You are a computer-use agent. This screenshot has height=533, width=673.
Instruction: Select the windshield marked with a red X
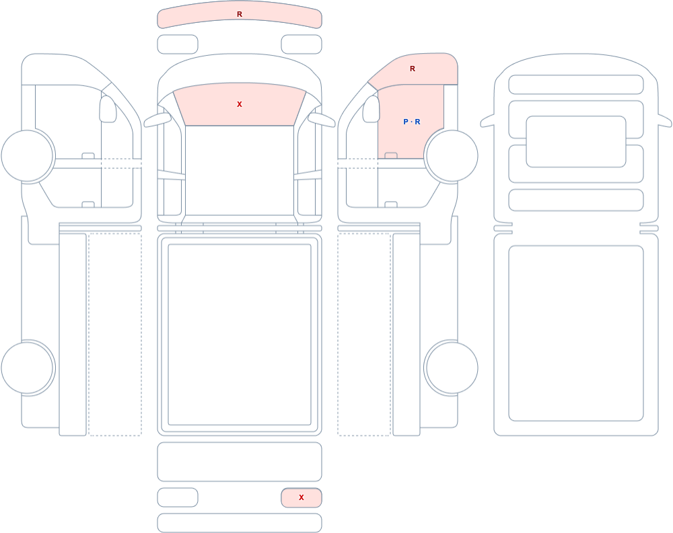(240, 104)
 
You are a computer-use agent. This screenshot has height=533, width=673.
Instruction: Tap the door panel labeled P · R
(410, 122)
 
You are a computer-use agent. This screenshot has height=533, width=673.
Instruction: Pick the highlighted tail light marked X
(302, 497)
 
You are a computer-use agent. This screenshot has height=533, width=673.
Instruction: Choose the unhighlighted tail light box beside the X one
(178, 497)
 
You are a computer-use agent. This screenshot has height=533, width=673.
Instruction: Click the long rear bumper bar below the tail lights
(240, 523)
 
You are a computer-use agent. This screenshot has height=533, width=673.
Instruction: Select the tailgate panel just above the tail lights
(240, 462)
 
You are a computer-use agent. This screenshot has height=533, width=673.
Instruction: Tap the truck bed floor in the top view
(240, 335)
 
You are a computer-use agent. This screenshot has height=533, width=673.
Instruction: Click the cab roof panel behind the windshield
(240, 170)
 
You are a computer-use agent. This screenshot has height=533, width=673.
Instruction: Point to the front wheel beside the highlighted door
(451, 155)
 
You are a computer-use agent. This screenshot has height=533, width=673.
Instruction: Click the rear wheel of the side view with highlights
(451, 368)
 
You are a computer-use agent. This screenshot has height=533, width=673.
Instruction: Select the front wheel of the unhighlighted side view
(28, 155)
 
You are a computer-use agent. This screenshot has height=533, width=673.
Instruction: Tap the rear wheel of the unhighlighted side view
(28, 368)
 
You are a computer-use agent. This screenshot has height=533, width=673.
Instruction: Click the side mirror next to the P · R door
(371, 109)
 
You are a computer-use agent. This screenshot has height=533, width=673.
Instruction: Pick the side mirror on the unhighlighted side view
(108, 109)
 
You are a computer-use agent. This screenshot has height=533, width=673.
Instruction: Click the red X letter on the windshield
(240, 104)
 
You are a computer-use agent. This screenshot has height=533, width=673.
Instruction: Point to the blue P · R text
(412, 122)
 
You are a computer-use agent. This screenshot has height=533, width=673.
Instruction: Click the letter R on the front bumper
(240, 14)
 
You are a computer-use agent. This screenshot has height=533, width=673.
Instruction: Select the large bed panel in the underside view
(576, 333)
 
